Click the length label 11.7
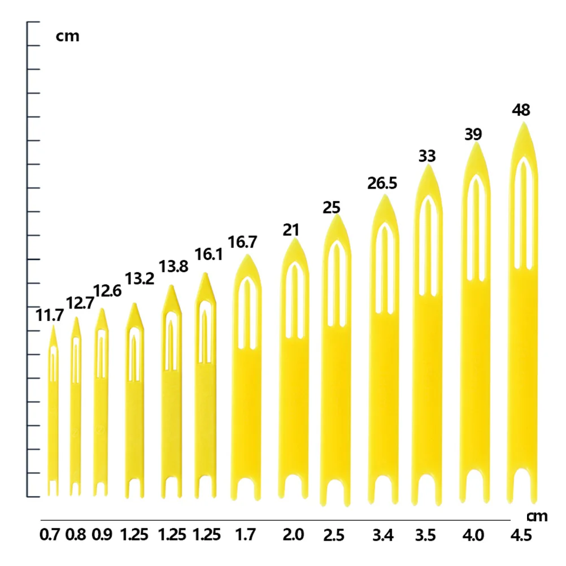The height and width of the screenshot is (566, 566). click(x=50, y=315)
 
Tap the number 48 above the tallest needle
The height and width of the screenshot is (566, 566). click(x=520, y=110)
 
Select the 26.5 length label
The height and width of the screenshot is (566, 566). click(x=382, y=184)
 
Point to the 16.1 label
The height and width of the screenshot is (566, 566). click(x=209, y=254)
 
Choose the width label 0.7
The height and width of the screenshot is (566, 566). click(x=51, y=534)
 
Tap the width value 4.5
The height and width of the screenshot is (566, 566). click(x=520, y=534)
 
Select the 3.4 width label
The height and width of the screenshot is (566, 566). click(x=383, y=534)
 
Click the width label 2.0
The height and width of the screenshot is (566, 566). click(x=293, y=534)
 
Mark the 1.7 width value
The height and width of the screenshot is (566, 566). click(x=244, y=534)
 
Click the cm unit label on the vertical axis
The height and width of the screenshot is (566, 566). click(x=67, y=37)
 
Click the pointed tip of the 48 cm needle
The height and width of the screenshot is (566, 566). click(x=524, y=124)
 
